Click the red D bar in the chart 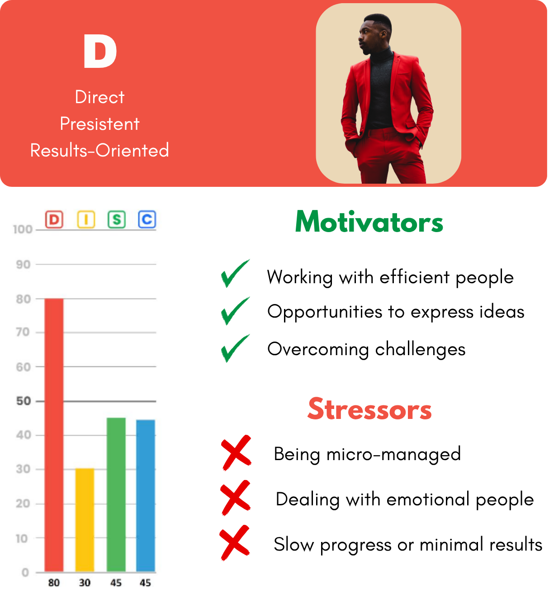(x=54, y=435)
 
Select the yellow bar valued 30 (x=85, y=520)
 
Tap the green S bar (x=116, y=495)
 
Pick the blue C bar (x=146, y=496)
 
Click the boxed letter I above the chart (x=86, y=219)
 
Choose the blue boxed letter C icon (x=147, y=219)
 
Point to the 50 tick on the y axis (x=24, y=401)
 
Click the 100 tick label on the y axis (x=23, y=230)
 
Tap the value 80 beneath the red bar (x=54, y=583)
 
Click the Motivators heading (x=369, y=222)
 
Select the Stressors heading (x=369, y=409)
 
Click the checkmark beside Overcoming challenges (x=235, y=348)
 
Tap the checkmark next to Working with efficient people (x=235, y=274)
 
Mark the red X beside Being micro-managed (x=236, y=452)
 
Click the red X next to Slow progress (x=235, y=542)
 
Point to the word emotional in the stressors (x=428, y=499)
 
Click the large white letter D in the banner (x=100, y=51)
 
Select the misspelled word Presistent (x=99, y=124)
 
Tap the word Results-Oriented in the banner (x=99, y=150)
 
